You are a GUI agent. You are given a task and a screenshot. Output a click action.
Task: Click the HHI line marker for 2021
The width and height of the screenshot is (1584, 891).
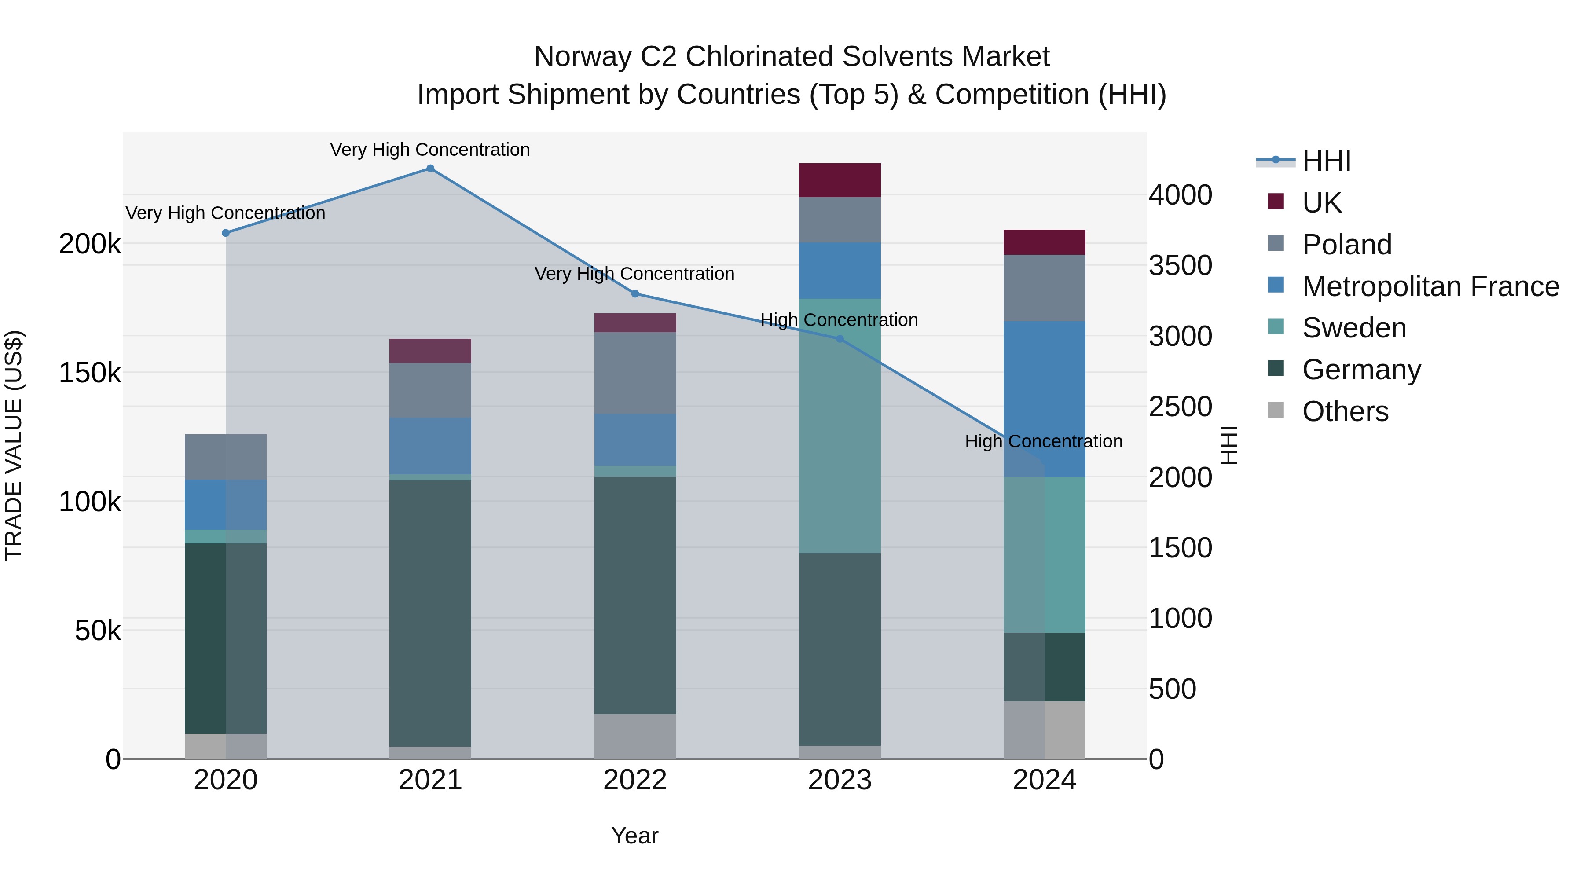click(x=430, y=169)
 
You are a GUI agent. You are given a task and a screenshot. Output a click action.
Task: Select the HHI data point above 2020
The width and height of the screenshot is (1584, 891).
click(x=226, y=233)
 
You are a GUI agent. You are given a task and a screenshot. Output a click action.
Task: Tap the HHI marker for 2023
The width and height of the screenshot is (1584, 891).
click(x=840, y=339)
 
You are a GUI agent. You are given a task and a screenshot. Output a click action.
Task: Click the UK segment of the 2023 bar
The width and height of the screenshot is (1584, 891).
click(x=840, y=180)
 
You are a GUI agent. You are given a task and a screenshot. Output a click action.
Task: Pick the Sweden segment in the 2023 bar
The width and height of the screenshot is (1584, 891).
click(x=840, y=425)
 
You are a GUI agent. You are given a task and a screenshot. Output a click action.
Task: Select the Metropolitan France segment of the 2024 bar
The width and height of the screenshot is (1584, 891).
click(x=1044, y=399)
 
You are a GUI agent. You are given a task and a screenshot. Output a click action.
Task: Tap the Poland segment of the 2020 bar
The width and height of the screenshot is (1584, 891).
click(x=226, y=457)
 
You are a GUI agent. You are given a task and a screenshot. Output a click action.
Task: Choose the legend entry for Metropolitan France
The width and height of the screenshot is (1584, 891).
click(x=1430, y=286)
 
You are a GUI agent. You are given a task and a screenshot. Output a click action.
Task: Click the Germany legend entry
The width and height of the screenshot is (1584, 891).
click(x=1361, y=370)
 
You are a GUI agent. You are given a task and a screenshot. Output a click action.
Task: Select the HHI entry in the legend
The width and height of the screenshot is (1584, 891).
click(x=1326, y=161)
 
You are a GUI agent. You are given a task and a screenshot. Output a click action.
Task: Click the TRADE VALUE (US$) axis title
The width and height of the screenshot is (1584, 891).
click(x=14, y=445)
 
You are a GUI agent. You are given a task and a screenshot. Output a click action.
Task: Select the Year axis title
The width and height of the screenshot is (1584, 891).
click(x=634, y=836)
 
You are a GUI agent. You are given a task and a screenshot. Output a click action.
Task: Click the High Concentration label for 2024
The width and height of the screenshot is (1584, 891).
click(x=1044, y=441)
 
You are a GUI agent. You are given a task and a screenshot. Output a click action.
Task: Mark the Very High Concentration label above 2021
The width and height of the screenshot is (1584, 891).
click(x=430, y=150)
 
